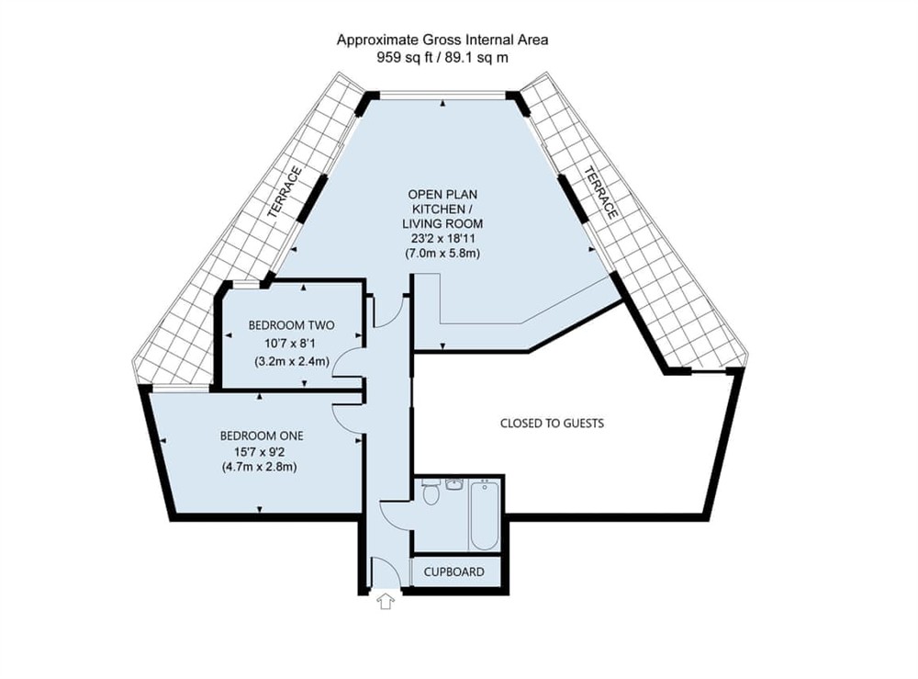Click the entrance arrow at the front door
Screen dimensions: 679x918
[x=386, y=602]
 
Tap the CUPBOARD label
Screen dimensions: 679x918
[x=453, y=571]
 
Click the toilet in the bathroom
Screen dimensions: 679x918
[x=431, y=496]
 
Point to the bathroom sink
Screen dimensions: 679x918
[x=455, y=484]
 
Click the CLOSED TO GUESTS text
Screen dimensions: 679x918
[x=552, y=424]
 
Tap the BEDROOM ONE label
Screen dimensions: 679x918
[x=262, y=436]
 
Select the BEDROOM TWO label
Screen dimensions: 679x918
[x=291, y=325]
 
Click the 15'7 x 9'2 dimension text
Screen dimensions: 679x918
[x=262, y=451]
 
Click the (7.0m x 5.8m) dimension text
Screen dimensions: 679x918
[x=444, y=253]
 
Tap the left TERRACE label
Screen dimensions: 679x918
[x=285, y=192]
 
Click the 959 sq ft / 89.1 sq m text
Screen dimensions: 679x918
[x=442, y=57]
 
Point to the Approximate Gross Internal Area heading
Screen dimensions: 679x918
[x=442, y=40]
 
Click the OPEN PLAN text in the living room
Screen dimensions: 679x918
[x=444, y=194]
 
